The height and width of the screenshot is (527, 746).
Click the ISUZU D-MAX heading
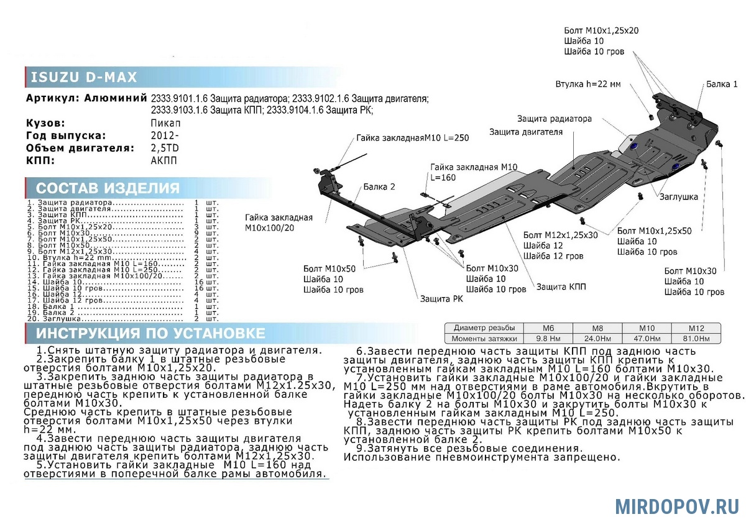pyautogui.click(x=83, y=77)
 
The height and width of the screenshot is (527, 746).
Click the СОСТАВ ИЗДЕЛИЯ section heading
pyautogui.click(x=108, y=188)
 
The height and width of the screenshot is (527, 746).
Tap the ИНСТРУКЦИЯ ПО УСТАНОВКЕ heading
pyautogui.click(x=150, y=333)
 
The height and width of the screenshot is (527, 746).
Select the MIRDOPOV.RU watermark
pyautogui.click(x=677, y=506)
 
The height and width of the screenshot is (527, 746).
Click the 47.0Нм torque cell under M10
pyautogui.click(x=647, y=339)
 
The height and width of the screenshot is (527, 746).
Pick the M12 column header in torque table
pyautogui.click(x=696, y=328)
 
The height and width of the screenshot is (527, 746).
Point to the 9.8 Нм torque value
pyautogui.click(x=548, y=339)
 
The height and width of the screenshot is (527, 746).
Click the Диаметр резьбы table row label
pyautogui.click(x=484, y=328)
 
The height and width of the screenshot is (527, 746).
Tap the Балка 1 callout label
pyautogui.click(x=722, y=84)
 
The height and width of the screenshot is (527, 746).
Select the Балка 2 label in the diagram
pyautogui.click(x=379, y=187)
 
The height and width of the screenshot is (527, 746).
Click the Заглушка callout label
pyautogui.click(x=679, y=197)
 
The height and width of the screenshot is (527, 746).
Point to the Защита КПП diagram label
pyautogui.click(x=561, y=286)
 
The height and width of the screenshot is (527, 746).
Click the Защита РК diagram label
pyautogui.click(x=441, y=299)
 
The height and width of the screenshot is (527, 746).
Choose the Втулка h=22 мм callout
pyautogui.click(x=588, y=84)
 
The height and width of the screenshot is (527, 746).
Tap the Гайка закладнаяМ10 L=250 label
pyautogui.click(x=412, y=138)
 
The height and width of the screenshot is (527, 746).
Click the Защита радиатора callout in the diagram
pyautogui.click(x=554, y=119)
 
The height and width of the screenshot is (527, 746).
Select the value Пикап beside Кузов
pyautogui.click(x=165, y=123)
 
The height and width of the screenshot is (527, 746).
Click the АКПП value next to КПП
pyautogui.click(x=163, y=160)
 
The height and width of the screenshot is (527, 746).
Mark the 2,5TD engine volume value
pyautogui.click(x=165, y=148)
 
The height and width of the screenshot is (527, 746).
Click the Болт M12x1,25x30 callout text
pyautogui.click(x=561, y=235)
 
